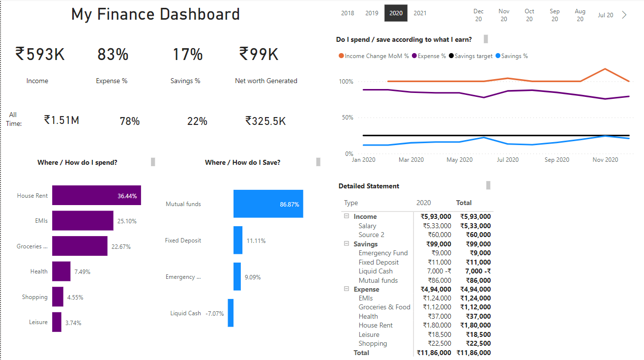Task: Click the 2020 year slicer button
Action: tap(396, 13)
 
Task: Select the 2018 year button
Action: tap(348, 13)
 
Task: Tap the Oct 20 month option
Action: tap(529, 15)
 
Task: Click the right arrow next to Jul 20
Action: tap(624, 15)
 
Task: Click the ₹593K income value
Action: tap(40, 54)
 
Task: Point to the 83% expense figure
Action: tap(113, 54)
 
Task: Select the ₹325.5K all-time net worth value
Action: tap(265, 120)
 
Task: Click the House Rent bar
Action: tap(96, 195)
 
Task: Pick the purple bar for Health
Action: tap(61, 271)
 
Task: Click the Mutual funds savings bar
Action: tap(268, 204)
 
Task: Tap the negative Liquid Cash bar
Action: tap(230, 313)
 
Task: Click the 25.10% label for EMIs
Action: tap(127, 221)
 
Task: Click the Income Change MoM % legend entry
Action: tap(374, 56)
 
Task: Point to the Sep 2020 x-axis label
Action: tap(556, 160)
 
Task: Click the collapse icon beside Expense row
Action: tap(346, 289)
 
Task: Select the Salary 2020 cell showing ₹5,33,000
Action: tap(437, 226)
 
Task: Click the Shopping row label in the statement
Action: tap(373, 343)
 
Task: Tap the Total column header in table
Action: tap(464, 203)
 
